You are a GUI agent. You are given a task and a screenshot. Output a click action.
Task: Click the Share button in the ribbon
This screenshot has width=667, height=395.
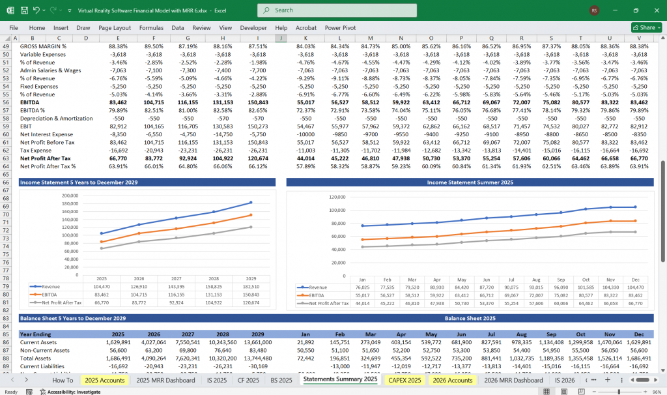[646, 28]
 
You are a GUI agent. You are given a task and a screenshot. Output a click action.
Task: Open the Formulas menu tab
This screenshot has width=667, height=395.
[151, 28]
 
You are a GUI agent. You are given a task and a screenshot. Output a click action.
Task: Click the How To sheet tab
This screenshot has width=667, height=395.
[63, 380]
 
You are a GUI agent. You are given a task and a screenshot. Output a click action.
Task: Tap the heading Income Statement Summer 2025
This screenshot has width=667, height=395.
[469, 183]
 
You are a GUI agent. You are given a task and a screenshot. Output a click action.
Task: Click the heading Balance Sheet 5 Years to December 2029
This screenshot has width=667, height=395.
[72, 318]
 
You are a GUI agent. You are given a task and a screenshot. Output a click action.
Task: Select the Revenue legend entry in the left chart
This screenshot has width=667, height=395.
[48, 286]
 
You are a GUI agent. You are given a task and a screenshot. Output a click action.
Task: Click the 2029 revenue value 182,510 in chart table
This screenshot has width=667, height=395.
[251, 286]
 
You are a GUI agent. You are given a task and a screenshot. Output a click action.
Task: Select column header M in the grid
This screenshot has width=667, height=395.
[370, 38]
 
